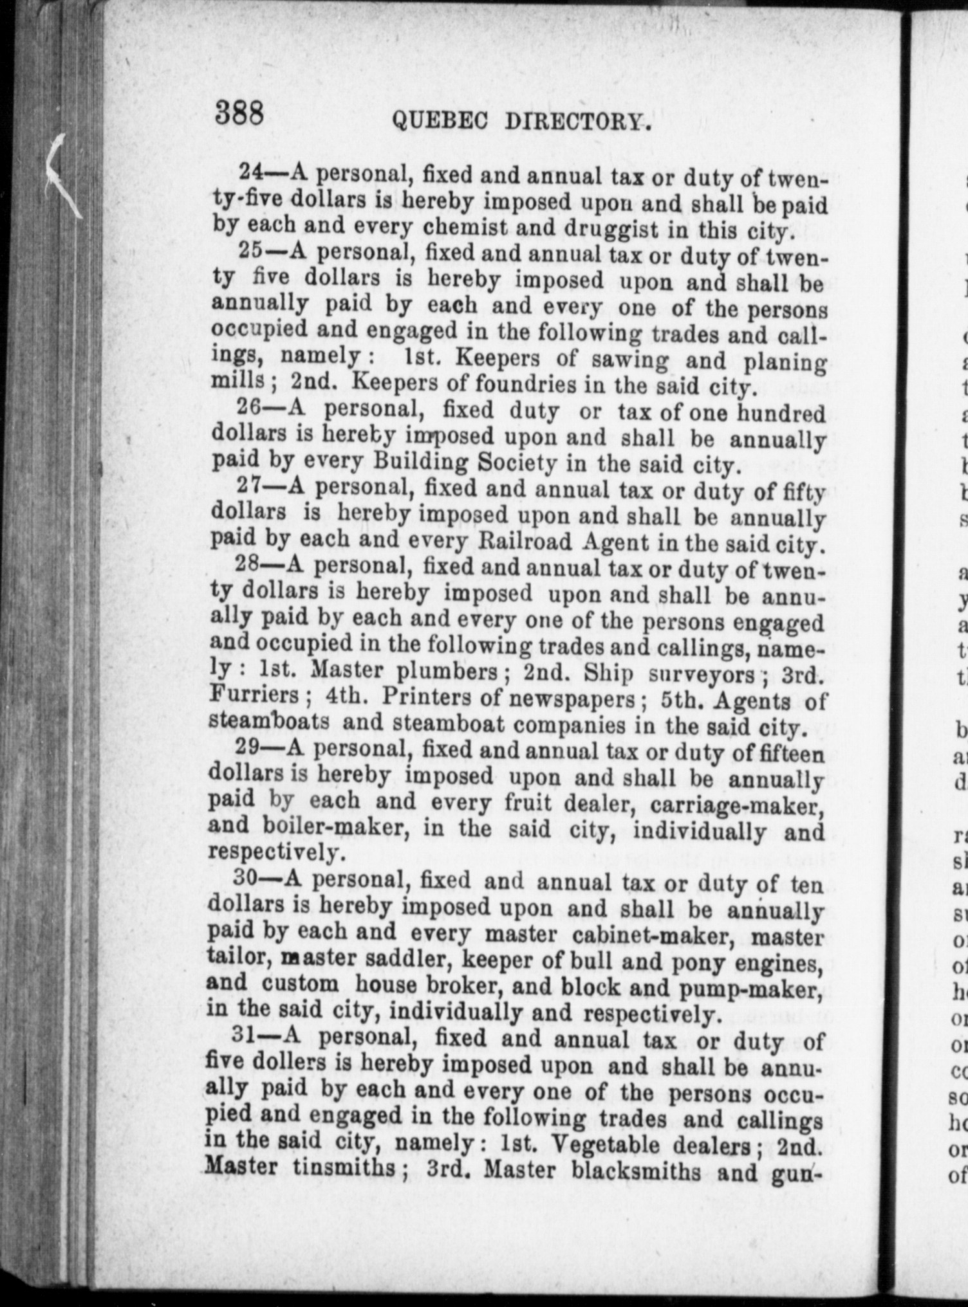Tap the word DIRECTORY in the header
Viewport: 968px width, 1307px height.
(x=577, y=122)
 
